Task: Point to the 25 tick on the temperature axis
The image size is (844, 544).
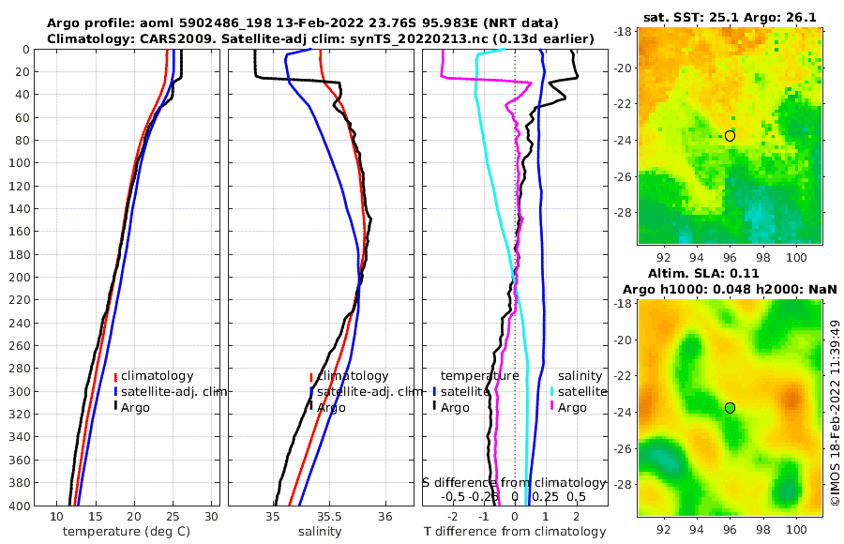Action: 173,516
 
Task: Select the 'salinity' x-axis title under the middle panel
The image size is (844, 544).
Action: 320,532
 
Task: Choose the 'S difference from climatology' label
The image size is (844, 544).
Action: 514,481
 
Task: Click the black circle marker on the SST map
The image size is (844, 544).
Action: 731,136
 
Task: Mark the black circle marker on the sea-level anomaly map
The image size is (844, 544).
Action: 731,408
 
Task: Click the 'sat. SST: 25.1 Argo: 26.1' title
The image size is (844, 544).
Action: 730,18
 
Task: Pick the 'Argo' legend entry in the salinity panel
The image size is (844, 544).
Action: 330,407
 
